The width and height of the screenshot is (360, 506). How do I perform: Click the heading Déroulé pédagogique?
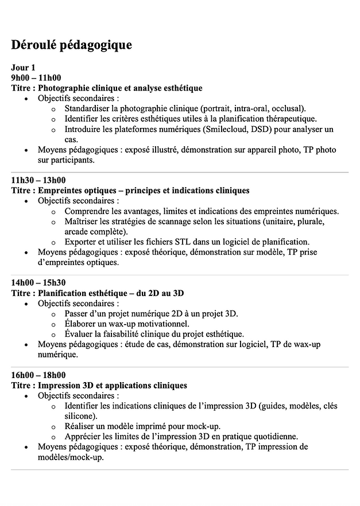pyautogui.click(x=71, y=45)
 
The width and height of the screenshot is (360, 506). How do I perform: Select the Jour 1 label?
pyautogui.click(x=23, y=68)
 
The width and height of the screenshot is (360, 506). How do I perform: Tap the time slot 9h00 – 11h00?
pyautogui.click(x=36, y=78)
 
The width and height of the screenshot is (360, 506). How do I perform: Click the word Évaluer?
pyautogui.click(x=80, y=334)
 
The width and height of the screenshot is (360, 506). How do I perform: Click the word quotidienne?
pyautogui.click(x=273, y=436)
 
